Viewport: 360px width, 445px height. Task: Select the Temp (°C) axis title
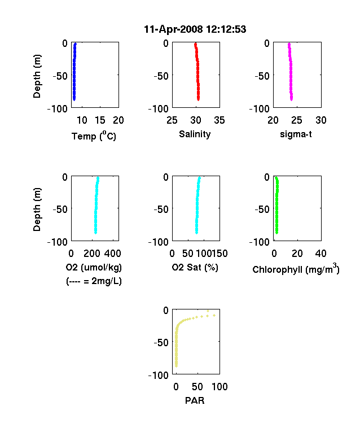94,136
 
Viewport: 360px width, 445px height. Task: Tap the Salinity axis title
195,134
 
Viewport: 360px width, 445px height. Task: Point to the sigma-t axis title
296,134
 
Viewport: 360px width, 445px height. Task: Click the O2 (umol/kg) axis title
94,267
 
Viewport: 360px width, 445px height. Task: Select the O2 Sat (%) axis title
195,267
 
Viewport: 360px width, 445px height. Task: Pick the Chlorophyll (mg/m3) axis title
296,268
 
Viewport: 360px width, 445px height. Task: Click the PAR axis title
195,400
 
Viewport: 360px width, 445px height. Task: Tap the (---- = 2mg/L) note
94,281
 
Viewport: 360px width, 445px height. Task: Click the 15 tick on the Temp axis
100,120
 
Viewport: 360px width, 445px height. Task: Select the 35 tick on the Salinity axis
219,120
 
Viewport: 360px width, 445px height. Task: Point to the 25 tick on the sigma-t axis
296,120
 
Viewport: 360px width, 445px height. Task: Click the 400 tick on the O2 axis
113,254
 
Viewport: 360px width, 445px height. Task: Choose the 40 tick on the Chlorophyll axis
321,254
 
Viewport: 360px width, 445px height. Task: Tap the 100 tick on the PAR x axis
219,386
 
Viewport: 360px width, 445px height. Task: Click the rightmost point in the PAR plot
214,315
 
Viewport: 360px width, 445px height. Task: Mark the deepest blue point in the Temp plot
74,99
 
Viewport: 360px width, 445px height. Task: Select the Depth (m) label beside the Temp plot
37,76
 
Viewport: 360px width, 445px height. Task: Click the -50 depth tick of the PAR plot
161,343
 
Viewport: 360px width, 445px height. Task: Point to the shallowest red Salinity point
195,44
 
